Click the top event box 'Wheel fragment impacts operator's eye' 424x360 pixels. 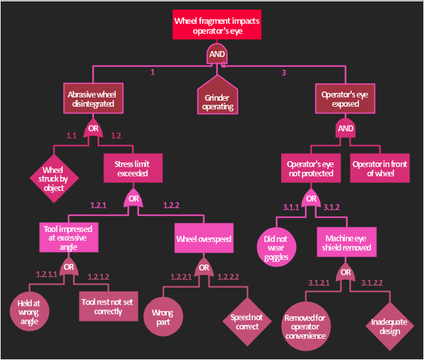[217, 25]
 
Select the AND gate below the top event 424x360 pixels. [217, 54]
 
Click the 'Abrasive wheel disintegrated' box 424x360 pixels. [93, 98]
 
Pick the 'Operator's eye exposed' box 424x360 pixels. [345, 99]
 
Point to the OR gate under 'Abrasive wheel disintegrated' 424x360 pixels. [93, 129]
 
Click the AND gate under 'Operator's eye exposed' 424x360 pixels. [345, 128]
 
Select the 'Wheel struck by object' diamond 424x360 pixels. [54, 178]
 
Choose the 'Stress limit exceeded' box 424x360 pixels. [133, 168]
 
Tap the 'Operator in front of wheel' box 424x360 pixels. [380, 168]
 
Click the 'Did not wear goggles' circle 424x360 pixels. [276, 247]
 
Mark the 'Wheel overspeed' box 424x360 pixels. [204, 238]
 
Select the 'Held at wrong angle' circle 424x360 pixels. [29, 312]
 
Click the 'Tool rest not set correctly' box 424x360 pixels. [109, 306]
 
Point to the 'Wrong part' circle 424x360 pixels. [163, 317]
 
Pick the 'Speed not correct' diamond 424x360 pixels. [247, 322]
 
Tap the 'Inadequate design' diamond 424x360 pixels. [390, 326]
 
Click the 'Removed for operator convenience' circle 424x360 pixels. [306, 326]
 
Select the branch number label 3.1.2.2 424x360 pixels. [372, 283]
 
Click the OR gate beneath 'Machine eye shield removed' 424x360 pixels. [345, 272]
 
